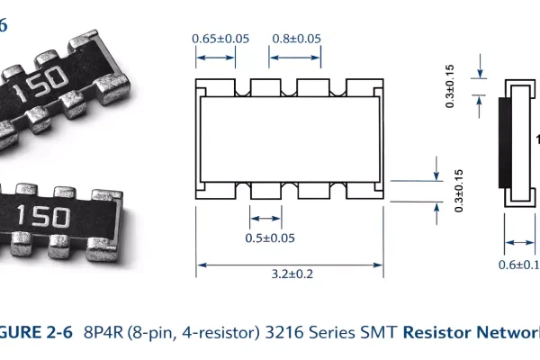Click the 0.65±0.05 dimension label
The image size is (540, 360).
[220, 39]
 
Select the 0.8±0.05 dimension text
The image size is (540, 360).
[296, 39]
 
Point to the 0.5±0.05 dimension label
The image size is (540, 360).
[271, 238]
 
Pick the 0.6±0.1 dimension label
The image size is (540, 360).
[518, 264]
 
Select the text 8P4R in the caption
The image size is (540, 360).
[103, 331]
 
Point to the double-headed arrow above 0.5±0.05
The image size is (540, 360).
[265, 218]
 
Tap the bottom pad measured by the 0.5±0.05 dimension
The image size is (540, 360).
[265, 193]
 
